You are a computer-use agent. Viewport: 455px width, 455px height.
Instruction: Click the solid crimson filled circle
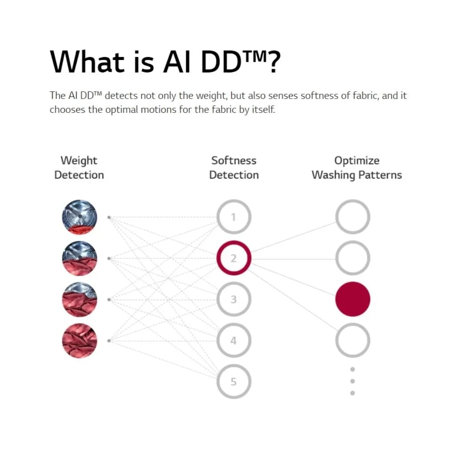[352, 299]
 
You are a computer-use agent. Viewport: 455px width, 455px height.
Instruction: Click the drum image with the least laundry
[80, 217]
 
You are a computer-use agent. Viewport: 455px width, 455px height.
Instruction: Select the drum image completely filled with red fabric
[80, 341]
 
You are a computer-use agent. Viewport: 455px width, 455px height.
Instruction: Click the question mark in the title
[274, 62]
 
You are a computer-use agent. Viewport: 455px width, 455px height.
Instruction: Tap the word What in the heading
[88, 61]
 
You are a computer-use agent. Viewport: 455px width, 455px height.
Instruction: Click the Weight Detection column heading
[79, 168]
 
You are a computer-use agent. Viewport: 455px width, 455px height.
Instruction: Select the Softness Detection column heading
[234, 168]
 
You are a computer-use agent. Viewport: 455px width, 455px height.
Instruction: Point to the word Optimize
[357, 161]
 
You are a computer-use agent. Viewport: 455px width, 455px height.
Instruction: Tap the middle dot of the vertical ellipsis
[352, 381]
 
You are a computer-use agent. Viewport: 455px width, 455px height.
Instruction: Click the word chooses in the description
[68, 110]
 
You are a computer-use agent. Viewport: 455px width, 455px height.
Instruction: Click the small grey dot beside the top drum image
[109, 217]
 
